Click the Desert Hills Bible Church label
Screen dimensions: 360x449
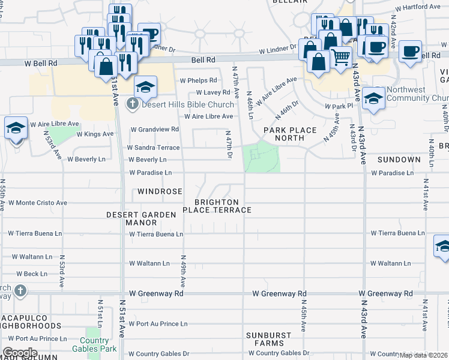pos(187,104)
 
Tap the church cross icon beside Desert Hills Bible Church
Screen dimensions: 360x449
pos(132,104)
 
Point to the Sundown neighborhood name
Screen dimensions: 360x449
pos(399,160)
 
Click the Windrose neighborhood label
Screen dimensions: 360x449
pos(160,191)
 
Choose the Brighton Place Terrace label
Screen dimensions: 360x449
pos(217,206)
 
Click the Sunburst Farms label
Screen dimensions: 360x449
pos(268,339)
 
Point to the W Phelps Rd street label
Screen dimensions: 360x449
pos(198,80)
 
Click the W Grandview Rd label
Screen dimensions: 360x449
pos(154,129)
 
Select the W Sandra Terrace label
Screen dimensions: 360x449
pos(153,147)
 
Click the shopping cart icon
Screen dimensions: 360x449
pos(341,58)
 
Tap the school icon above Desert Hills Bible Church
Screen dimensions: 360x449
pos(145,88)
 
